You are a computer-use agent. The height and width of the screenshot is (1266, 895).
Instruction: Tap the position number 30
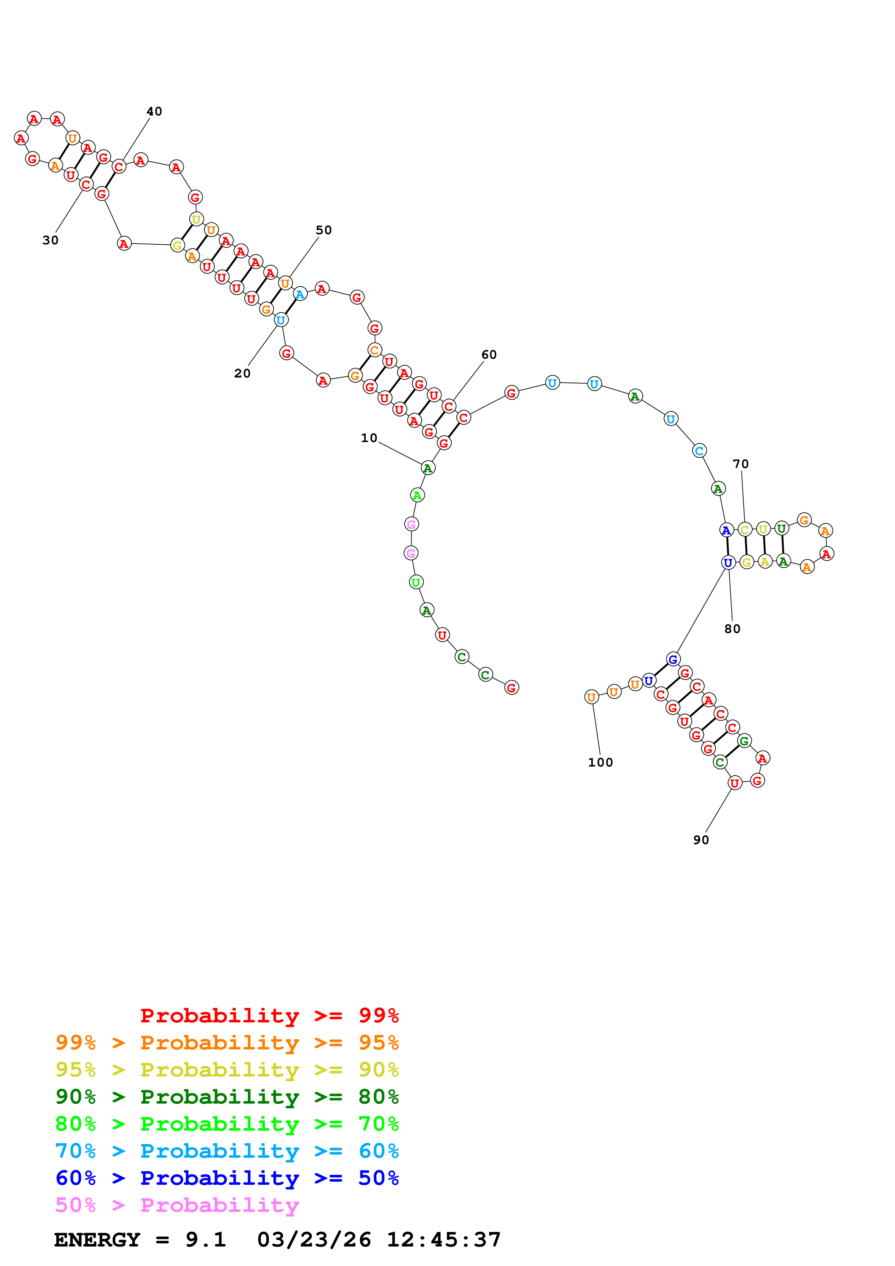click(x=50, y=240)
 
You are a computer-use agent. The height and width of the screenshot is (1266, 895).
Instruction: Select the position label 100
click(x=600, y=763)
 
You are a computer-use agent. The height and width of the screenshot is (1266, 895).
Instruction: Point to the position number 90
click(x=700, y=840)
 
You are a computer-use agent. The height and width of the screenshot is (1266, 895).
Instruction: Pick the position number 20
click(x=242, y=373)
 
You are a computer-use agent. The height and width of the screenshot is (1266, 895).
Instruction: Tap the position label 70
click(x=740, y=464)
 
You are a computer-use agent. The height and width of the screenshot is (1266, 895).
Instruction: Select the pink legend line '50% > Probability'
click(x=177, y=1205)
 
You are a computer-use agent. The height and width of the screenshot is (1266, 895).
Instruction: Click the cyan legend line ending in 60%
click(x=227, y=1151)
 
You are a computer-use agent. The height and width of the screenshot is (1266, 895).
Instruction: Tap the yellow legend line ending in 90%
click(x=227, y=1069)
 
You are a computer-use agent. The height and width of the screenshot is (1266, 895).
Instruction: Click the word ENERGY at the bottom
click(x=97, y=1240)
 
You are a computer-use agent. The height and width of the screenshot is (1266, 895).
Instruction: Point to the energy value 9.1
click(x=206, y=1240)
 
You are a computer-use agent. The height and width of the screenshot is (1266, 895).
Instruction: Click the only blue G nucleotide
click(x=672, y=659)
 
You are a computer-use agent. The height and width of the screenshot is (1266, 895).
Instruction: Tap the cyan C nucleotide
click(x=699, y=451)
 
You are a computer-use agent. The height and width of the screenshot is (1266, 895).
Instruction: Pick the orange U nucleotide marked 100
click(x=591, y=697)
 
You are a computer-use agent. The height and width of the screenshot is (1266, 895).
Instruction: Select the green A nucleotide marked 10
click(x=427, y=468)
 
